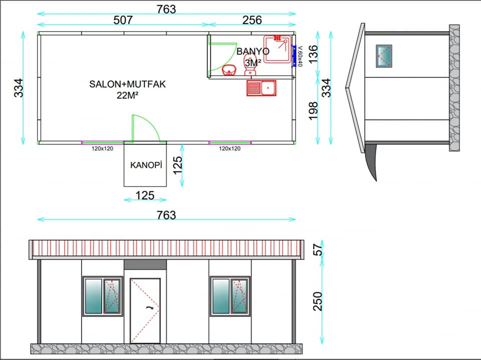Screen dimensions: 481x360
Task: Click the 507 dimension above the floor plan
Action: [x=123, y=20]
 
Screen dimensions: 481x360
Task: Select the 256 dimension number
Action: [x=252, y=20]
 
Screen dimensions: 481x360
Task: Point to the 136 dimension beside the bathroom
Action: [x=313, y=54]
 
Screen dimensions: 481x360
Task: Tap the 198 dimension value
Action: [x=313, y=111]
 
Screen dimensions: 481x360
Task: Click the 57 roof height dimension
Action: [x=319, y=249]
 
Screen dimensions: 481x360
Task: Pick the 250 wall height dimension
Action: [x=318, y=301]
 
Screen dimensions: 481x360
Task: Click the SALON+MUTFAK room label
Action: [x=127, y=84]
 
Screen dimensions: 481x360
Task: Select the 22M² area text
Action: [x=127, y=95]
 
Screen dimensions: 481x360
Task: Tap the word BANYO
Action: [x=253, y=51]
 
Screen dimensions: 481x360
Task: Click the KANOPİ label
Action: [x=146, y=165]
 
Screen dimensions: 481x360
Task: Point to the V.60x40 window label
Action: [x=300, y=56]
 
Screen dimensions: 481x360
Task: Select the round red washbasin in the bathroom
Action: [x=229, y=70]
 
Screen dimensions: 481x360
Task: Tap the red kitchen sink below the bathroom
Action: [x=262, y=88]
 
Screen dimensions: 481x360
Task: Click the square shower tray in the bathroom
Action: [x=277, y=49]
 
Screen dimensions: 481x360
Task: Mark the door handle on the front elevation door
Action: [x=151, y=307]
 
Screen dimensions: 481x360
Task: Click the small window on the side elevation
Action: [x=384, y=56]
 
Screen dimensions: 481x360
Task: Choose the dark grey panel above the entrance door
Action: [x=145, y=265]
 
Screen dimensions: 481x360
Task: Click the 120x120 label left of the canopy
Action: [x=102, y=149]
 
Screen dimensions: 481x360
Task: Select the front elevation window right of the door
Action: [x=230, y=296]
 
